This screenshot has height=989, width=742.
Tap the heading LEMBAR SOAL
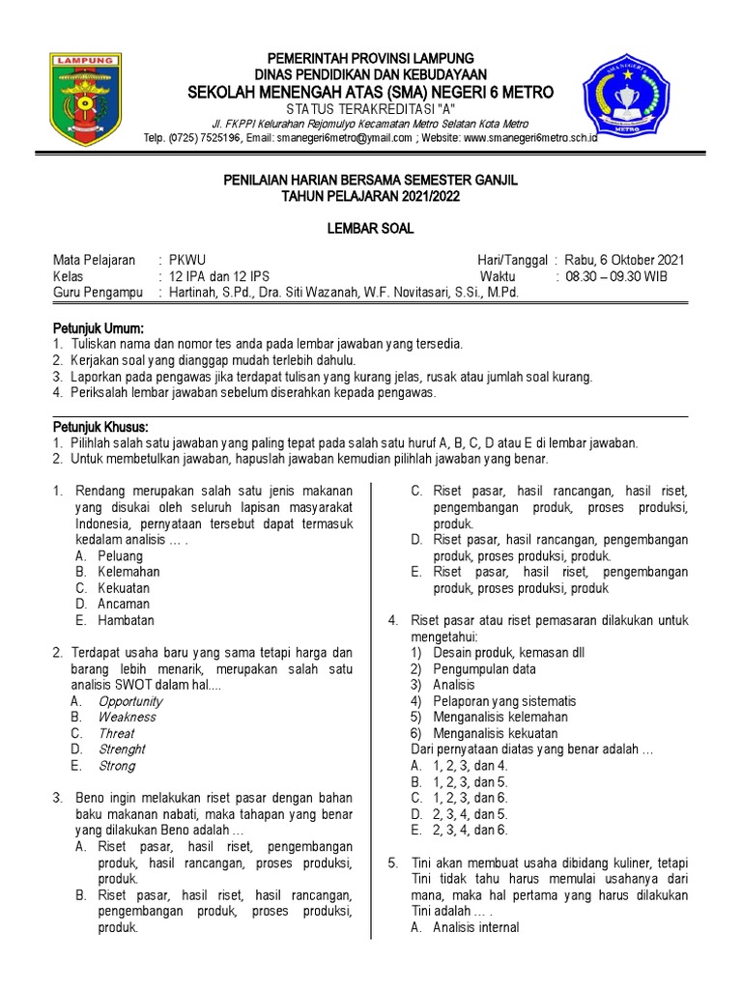click(371, 229)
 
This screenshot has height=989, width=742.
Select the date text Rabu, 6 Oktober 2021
click(624, 261)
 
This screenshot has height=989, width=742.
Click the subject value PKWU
click(187, 261)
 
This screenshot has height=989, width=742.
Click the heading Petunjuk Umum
click(98, 328)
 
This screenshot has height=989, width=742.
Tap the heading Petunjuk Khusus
click(100, 427)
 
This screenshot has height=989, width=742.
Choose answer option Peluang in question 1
click(120, 556)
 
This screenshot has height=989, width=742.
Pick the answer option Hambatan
click(126, 620)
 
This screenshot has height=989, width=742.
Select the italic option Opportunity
click(130, 701)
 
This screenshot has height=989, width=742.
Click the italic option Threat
click(116, 733)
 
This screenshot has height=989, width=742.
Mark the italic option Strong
click(117, 766)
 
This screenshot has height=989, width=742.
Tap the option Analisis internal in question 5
click(475, 927)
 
